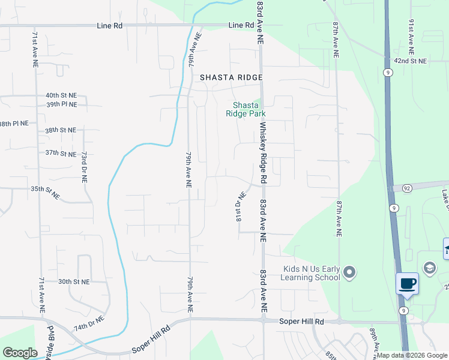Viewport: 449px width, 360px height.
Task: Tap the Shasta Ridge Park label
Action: [246, 109]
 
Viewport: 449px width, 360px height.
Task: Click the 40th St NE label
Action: [61, 95]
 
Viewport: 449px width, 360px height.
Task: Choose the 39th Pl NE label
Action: [61, 104]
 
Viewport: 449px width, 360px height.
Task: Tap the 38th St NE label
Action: [60, 130]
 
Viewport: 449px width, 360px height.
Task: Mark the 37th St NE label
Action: [61, 153]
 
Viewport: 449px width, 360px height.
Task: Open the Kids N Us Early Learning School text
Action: [312, 273]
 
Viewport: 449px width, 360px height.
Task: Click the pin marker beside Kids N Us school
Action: [351, 274]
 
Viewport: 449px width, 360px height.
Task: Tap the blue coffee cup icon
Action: [408, 283]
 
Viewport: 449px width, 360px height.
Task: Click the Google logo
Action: [20, 353]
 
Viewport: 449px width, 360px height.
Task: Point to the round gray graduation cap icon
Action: [429, 268]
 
